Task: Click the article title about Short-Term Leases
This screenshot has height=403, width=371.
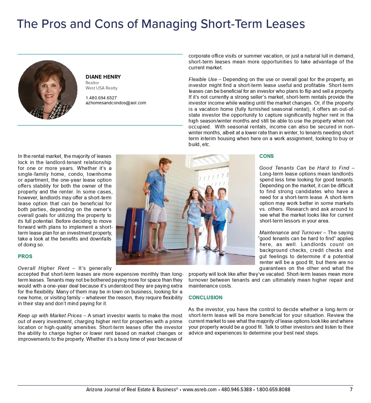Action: pos(161,24)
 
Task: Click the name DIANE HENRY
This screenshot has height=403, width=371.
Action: pos(103,77)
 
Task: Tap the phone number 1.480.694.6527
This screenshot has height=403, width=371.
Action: pos(101,98)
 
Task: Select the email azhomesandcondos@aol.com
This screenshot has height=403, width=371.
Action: pos(116,103)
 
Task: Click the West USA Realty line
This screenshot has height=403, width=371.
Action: pos(101,88)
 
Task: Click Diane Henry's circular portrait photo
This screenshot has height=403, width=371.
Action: pos(48,90)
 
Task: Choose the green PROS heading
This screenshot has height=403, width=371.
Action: pos(25,256)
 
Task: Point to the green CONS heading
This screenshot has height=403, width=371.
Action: pos(267,156)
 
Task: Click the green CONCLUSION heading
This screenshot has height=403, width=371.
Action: pos(205,297)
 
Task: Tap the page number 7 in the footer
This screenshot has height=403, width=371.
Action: pos(351,389)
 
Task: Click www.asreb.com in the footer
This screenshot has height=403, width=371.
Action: pos(199,389)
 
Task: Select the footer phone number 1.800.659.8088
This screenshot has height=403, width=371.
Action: pos(273,389)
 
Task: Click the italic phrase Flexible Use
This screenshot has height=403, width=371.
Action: pos(203,80)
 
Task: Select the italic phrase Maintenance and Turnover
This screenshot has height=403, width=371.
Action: pos(291,233)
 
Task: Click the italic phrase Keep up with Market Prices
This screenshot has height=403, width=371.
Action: pos(50,315)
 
